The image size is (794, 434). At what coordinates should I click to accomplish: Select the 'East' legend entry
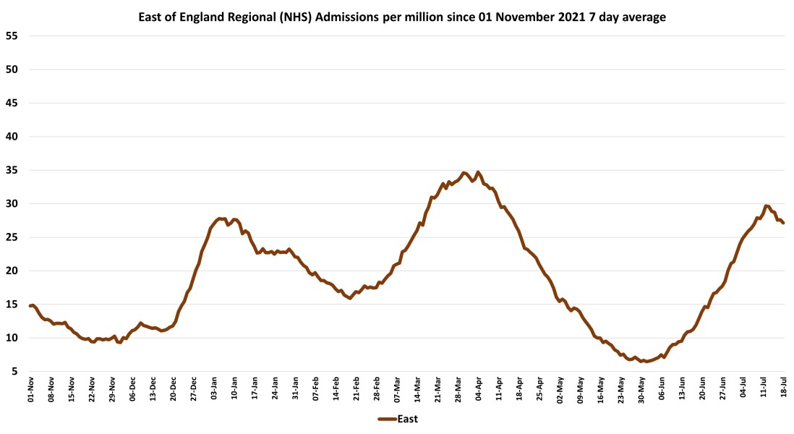397,419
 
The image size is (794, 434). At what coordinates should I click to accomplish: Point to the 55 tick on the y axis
14,36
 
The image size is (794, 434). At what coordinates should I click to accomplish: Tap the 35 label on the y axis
14,170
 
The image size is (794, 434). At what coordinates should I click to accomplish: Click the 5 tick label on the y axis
17,371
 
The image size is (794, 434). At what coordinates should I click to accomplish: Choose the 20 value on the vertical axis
14,271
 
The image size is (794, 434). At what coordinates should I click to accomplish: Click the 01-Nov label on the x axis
31,387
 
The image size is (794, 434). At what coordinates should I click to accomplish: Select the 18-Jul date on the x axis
784,387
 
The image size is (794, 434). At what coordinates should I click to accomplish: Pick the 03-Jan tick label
214,387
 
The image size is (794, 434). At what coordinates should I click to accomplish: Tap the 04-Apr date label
479,387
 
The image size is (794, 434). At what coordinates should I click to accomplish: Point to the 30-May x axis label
641,387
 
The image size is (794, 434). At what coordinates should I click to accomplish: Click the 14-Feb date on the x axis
336,387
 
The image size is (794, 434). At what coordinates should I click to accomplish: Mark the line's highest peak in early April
478,172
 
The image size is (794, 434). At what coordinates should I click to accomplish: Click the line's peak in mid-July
767,206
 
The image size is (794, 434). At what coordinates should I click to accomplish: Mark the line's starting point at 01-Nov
30,305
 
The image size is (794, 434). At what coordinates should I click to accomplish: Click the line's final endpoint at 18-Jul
783,223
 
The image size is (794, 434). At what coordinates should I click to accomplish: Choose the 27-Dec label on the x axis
194,387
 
